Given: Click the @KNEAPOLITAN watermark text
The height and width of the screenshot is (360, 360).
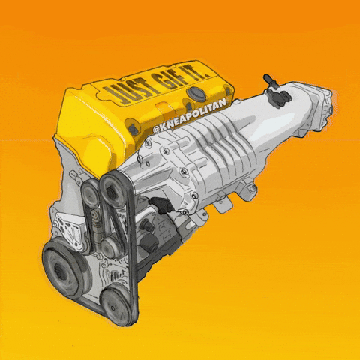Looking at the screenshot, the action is [190, 114].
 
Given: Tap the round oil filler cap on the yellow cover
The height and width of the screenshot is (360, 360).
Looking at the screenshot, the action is [197, 93].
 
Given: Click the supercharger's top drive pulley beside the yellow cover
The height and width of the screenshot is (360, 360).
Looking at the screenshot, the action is [113, 190].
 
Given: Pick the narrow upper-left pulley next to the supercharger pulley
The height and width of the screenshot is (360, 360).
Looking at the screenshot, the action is [89, 194].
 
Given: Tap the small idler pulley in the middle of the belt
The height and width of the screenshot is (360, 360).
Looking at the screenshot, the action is [110, 247].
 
